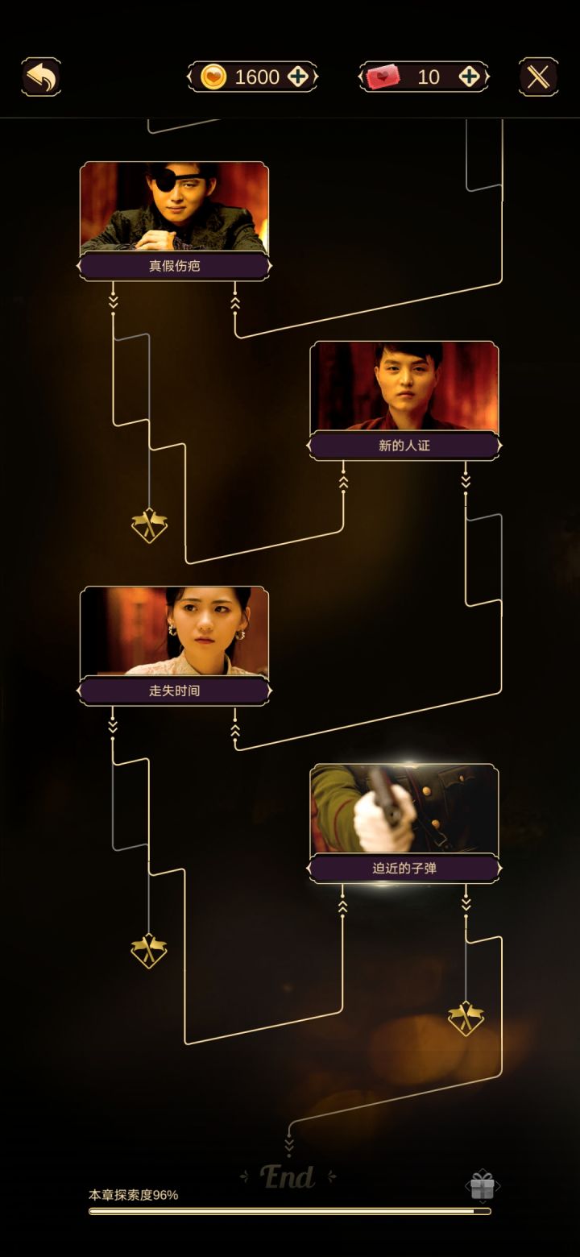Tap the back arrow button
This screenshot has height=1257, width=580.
click(42, 77)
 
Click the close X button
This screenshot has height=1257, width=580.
click(538, 77)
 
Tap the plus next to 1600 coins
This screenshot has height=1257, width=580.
click(298, 77)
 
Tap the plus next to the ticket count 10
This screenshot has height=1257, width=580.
click(469, 77)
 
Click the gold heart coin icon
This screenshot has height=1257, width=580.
click(213, 77)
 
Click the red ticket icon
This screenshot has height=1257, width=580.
click(383, 77)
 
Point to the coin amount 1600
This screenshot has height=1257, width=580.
click(257, 77)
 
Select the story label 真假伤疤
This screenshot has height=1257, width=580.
click(175, 266)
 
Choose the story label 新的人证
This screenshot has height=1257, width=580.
click(404, 446)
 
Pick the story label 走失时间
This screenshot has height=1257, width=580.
click(175, 691)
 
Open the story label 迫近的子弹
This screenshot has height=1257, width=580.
click(404, 869)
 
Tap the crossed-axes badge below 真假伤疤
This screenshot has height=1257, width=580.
click(149, 525)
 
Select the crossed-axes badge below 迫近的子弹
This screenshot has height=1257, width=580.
click(466, 1018)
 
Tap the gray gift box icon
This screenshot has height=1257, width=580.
click(482, 1185)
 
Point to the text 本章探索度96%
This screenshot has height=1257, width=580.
click(133, 1195)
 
